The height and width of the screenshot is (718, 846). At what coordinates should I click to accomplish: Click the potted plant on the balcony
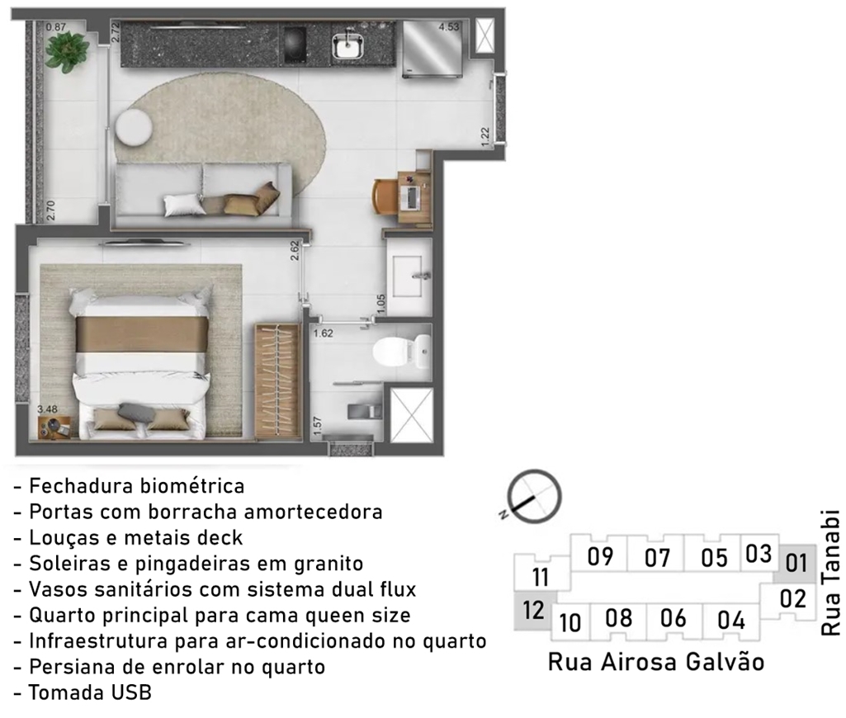point(68,48)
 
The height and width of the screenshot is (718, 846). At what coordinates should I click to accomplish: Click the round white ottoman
point(134,127)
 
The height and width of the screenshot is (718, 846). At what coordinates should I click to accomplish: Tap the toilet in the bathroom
point(402,352)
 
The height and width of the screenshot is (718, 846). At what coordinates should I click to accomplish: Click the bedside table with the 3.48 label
point(54,427)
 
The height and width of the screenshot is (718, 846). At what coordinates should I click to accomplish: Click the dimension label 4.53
point(448,26)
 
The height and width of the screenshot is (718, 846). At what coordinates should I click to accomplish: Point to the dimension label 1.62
point(324,333)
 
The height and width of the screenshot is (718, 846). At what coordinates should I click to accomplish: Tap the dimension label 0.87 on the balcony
point(55,27)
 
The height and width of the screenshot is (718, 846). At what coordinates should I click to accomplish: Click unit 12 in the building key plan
point(533,610)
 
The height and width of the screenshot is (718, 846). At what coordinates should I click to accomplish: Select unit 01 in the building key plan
point(796,563)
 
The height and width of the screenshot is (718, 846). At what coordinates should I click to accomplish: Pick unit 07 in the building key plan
point(657,557)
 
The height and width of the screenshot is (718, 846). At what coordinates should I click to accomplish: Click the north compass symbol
point(535,496)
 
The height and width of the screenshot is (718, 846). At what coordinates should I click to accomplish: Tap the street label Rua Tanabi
point(831,573)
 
